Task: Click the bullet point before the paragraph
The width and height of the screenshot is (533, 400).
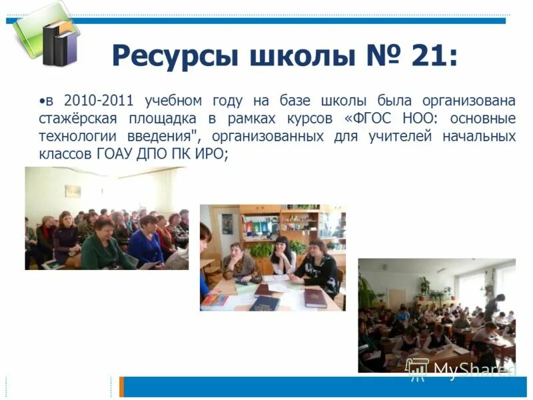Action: click(x=42, y=102)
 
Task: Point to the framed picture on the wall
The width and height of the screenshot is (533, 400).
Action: click(x=73, y=191)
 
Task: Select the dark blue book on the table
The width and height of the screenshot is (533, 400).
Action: click(x=265, y=303)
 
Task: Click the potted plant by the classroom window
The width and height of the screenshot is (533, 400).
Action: click(x=424, y=287)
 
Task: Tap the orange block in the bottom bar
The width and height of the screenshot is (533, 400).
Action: click(x=121, y=387)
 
